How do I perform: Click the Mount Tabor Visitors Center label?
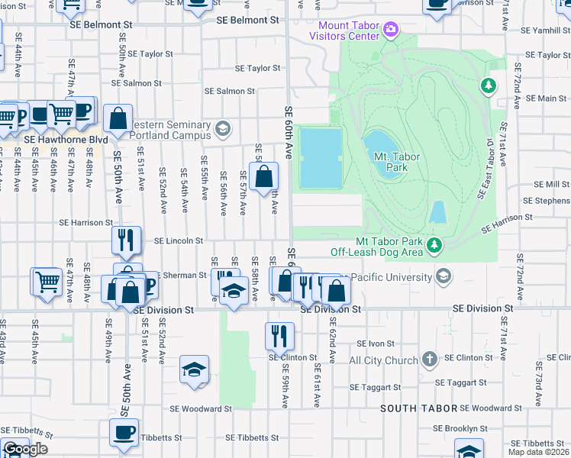pyautogui.click(x=344, y=31)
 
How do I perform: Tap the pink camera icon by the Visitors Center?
pyautogui.click(x=392, y=30)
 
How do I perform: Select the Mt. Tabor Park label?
pyautogui.click(x=398, y=161)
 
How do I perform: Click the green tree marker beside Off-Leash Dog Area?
pyautogui.click(x=434, y=245)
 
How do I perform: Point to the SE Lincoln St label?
pyautogui.click(x=178, y=240)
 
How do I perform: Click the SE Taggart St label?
pyautogui.click(x=460, y=382)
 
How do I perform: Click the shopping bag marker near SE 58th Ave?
pyautogui.click(x=263, y=177)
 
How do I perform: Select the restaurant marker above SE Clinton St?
pyautogui.click(x=279, y=335)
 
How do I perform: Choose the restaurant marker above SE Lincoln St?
pyautogui.click(x=126, y=240)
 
